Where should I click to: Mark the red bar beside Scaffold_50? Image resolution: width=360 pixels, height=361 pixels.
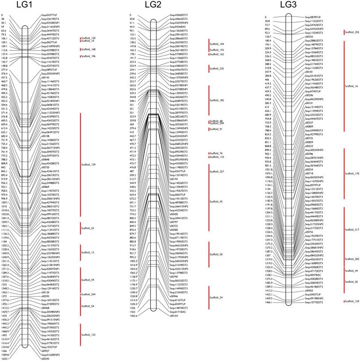tap(209, 255)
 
